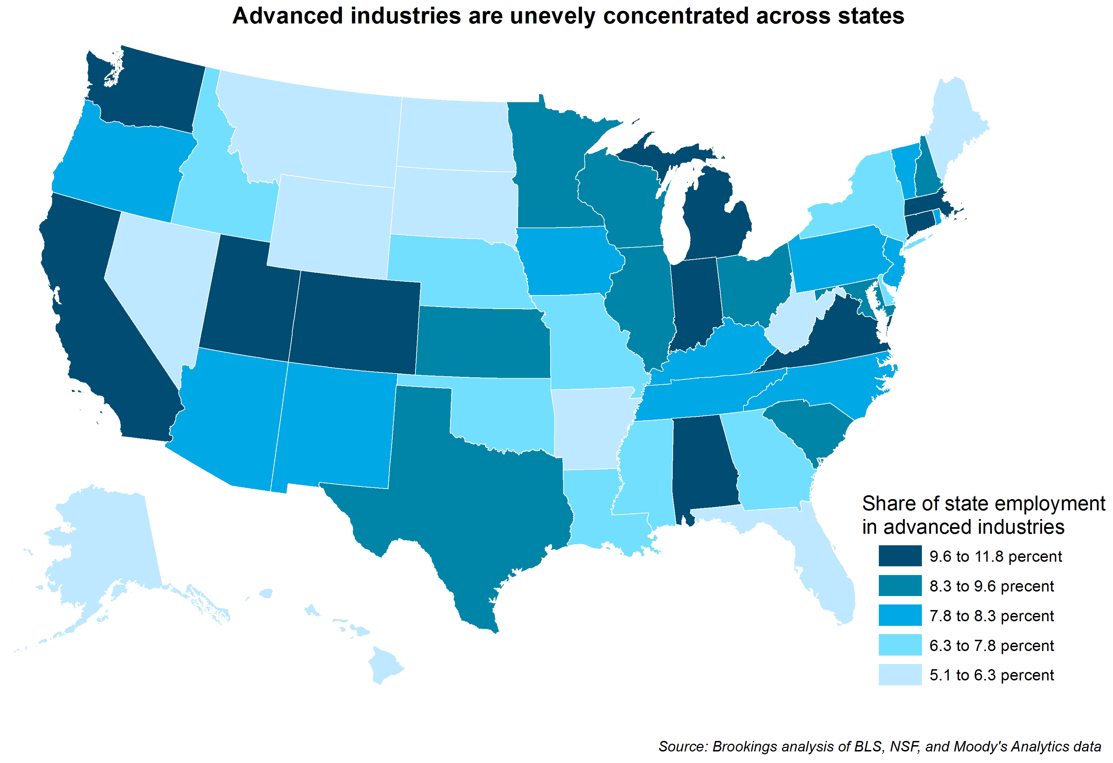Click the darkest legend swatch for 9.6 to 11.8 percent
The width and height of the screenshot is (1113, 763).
pos(899,556)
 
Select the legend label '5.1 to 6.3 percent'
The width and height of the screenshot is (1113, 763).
pos(991,675)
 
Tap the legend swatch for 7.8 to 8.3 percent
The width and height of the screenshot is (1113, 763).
pos(899,616)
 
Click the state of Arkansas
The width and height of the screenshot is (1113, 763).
pos(589,426)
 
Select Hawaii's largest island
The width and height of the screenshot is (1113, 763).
pos(383,666)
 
